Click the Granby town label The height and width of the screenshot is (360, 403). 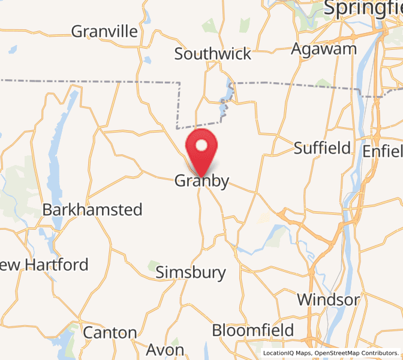click(x=201, y=181)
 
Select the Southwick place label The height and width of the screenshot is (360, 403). click(x=213, y=54)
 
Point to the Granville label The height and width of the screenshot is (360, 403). click(x=104, y=31)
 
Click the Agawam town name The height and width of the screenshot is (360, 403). click(x=324, y=49)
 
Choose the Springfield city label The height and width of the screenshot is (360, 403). click(x=363, y=8)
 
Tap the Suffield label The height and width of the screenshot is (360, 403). click(x=322, y=148)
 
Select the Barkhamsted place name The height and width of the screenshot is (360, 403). click(x=92, y=210)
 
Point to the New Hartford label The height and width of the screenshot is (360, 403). click(x=44, y=265)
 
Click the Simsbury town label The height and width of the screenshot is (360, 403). click(x=191, y=273)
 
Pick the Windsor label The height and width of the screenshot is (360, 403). click(x=329, y=299)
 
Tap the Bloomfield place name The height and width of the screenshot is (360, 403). click(x=253, y=330)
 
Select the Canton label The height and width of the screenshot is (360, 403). click(x=110, y=333)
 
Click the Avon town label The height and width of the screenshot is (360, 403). click(x=166, y=349)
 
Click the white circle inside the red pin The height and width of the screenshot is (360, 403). click(x=202, y=145)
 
